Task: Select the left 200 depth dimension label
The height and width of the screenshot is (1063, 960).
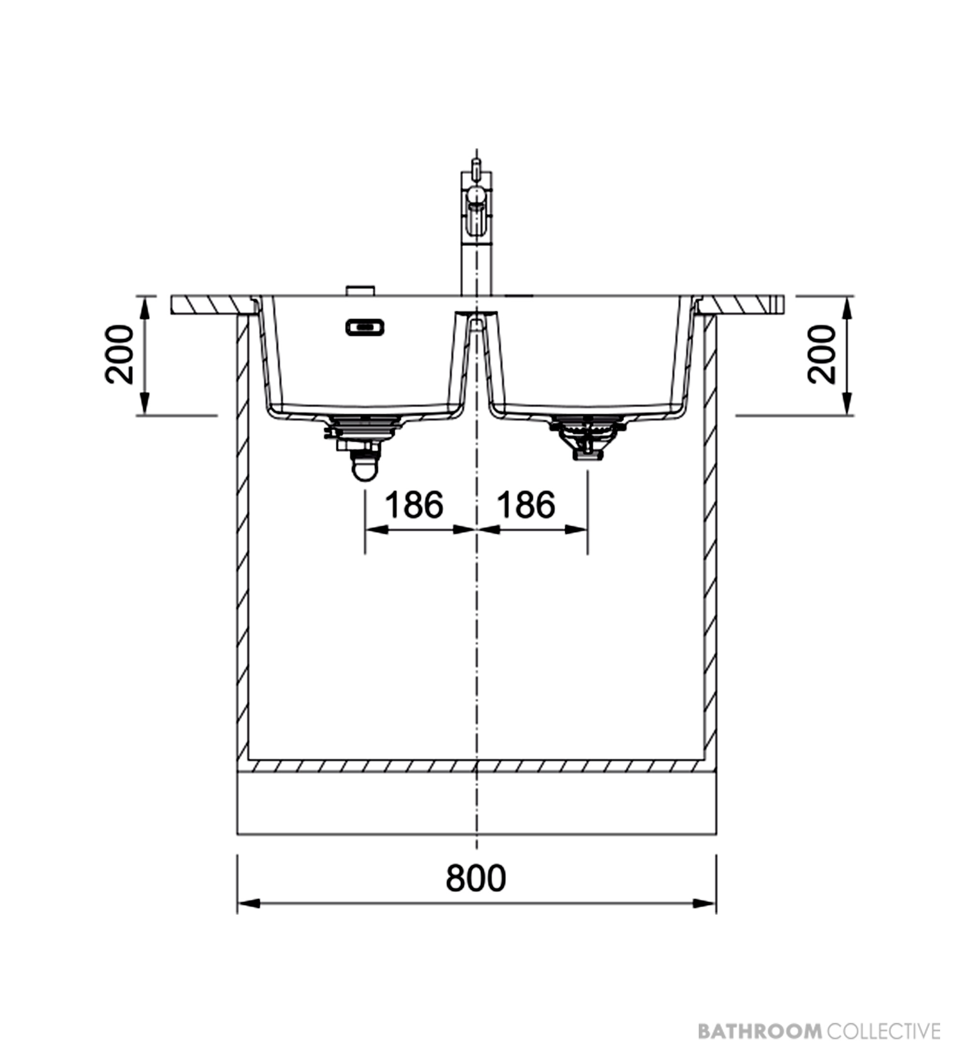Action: click(119, 354)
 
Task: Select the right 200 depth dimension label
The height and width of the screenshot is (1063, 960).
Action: click(822, 354)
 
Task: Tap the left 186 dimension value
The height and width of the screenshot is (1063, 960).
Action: click(414, 504)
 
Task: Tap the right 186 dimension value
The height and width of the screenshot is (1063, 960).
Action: click(526, 504)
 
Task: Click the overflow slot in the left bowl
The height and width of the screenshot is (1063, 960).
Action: click(364, 327)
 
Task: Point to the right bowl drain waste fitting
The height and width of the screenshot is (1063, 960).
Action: click(586, 438)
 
